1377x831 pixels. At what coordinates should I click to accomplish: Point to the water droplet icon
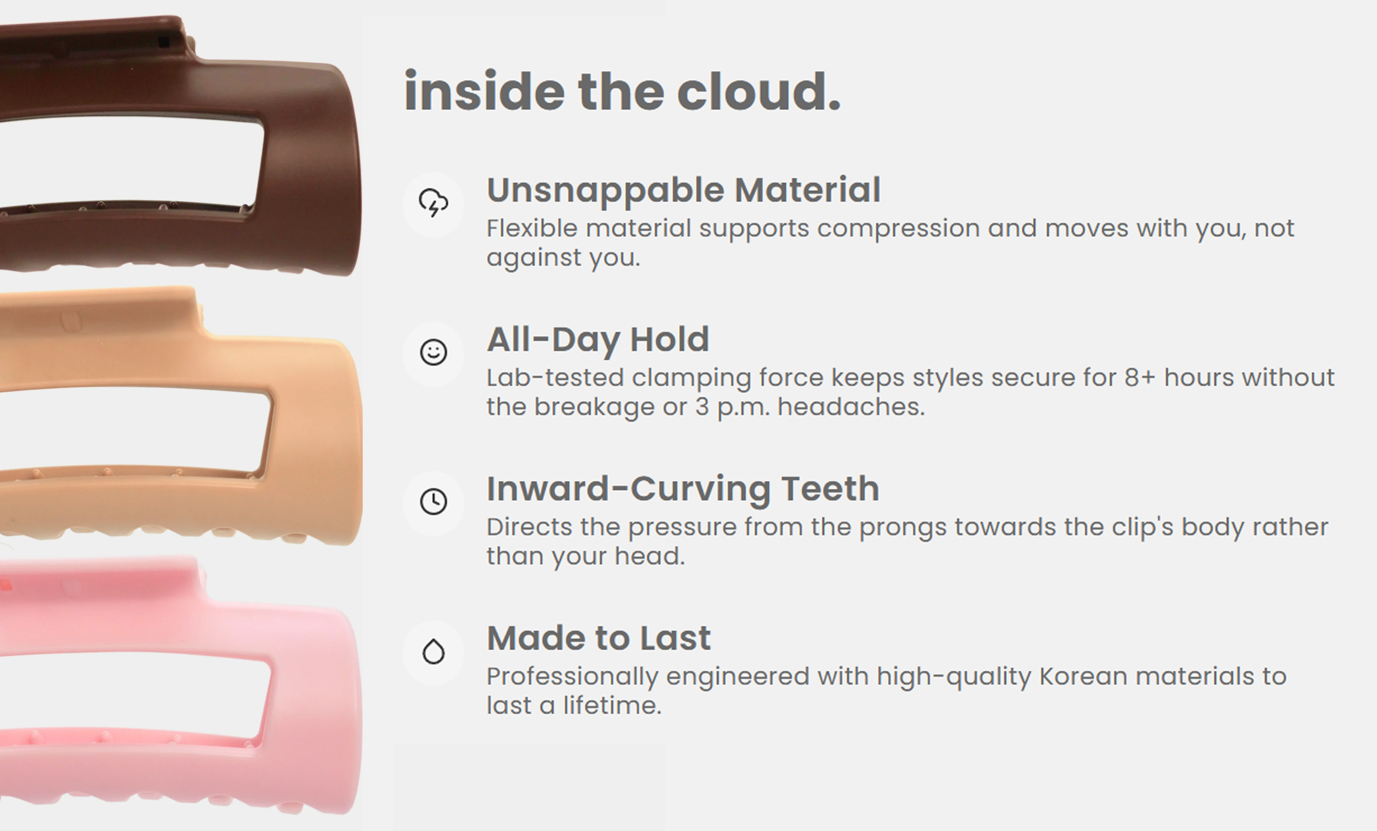pyautogui.click(x=434, y=651)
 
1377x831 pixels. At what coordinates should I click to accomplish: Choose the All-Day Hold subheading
pyautogui.click(x=598, y=340)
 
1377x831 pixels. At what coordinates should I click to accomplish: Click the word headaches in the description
pyautogui.click(x=851, y=407)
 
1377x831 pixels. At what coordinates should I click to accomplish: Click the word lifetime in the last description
pyautogui.click(x=612, y=705)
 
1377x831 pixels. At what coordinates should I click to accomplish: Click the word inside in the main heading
pyautogui.click(x=485, y=91)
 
